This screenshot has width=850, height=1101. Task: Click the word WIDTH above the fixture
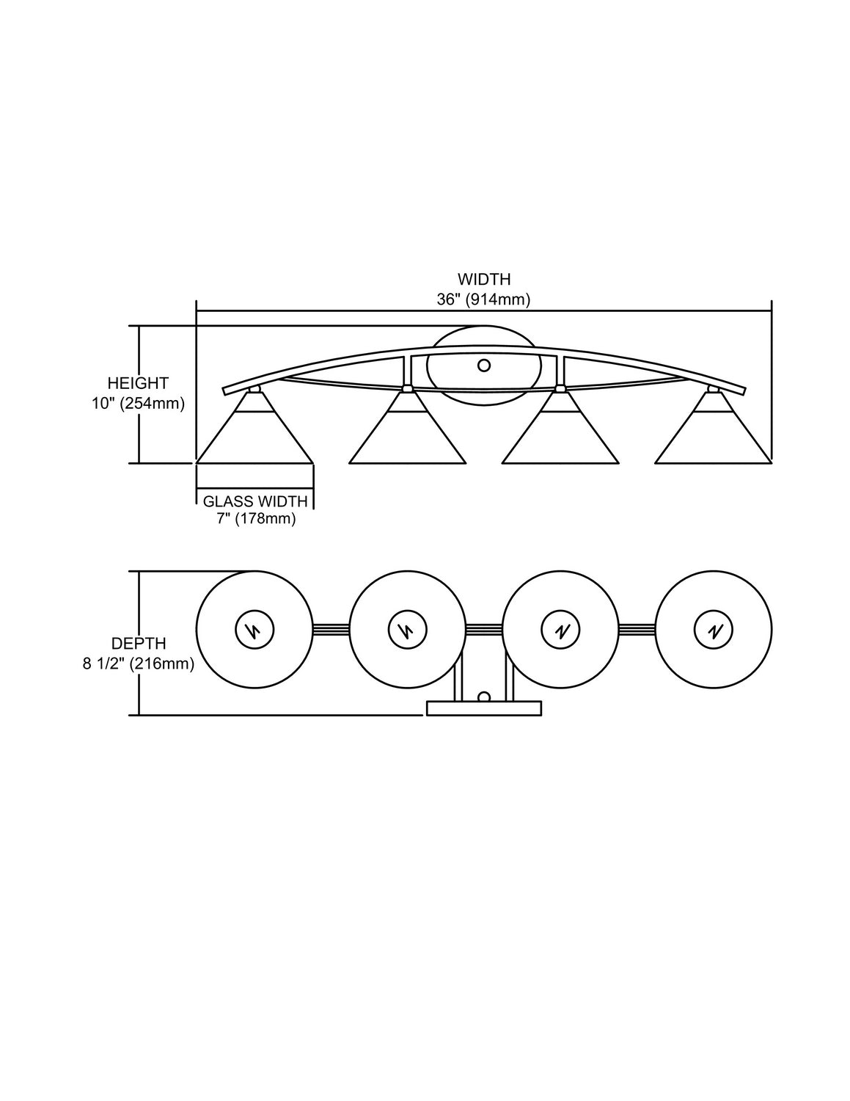click(x=484, y=279)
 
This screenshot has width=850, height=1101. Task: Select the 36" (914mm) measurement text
click(x=484, y=300)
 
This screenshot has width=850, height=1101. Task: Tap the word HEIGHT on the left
click(x=138, y=382)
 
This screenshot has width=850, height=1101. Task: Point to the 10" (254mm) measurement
click(x=138, y=403)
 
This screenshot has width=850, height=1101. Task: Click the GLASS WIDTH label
click(x=255, y=501)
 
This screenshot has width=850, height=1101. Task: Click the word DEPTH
click(x=139, y=644)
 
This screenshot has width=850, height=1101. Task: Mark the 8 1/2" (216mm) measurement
click(x=139, y=664)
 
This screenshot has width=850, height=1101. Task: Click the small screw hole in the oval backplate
click(x=484, y=365)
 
